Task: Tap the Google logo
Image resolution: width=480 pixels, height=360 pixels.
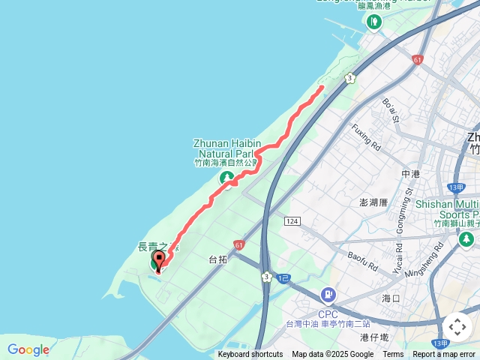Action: pos(28,349)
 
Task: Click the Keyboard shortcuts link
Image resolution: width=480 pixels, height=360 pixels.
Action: pos(250,355)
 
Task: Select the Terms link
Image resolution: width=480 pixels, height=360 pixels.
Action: pos(393,355)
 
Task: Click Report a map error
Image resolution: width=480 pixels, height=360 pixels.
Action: pos(444,355)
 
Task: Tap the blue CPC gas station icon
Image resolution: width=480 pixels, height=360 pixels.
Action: pos(328,295)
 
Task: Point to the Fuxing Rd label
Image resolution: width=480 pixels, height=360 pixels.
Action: pos(367,136)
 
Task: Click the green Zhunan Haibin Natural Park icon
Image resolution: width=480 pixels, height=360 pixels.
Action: pos(226,178)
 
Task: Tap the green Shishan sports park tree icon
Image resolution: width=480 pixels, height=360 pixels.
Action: pos(466,238)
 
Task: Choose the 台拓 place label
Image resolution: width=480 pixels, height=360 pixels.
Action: pos(217,259)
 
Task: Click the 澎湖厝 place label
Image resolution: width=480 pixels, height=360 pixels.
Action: pos(373,202)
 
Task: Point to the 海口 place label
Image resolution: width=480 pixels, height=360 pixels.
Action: pos(391,298)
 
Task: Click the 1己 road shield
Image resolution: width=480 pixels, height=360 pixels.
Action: pos(283,278)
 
